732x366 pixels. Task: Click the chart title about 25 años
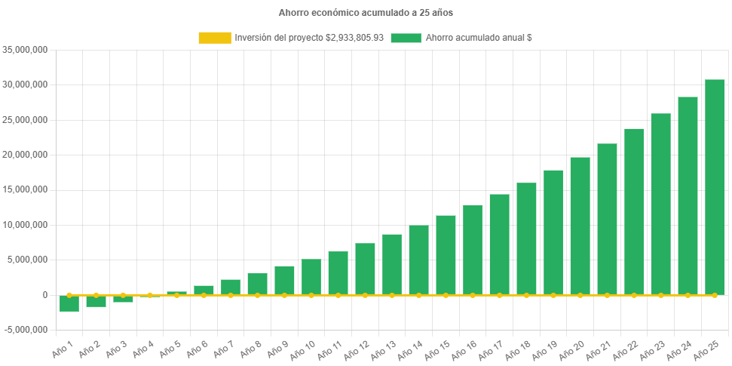point(366,13)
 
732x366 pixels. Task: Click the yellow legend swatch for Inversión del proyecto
point(214,38)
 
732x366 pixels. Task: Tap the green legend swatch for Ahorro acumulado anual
point(406,38)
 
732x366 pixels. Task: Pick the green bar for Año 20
point(580,226)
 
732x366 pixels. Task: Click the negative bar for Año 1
point(69,303)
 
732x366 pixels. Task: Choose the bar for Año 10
point(311,277)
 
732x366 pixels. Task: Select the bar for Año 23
point(660,204)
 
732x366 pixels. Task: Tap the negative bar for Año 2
point(96,301)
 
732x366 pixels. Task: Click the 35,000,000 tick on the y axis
point(26,50)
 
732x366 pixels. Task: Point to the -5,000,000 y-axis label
point(26,330)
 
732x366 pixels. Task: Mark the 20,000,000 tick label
point(26,155)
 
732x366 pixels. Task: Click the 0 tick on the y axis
point(45,295)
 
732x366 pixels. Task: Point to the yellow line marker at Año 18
point(526,295)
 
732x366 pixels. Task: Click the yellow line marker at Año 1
point(69,295)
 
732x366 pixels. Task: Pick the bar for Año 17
point(499,245)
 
